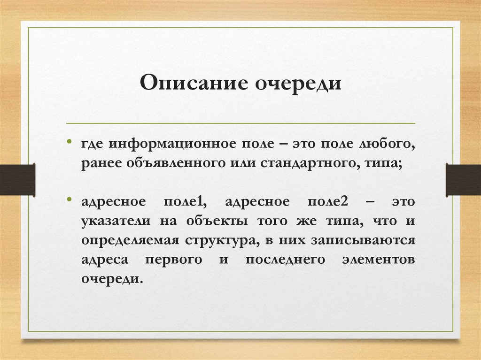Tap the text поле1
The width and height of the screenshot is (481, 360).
click(x=183, y=201)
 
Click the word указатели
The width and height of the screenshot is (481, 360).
click(x=113, y=221)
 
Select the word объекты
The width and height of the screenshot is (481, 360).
click(x=211, y=221)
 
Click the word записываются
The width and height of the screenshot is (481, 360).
click(x=363, y=240)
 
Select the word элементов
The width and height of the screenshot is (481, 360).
click(x=380, y=260)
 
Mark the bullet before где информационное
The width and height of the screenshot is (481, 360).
click(x=70, y=142)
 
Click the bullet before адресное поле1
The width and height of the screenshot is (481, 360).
click(x=70, y=199)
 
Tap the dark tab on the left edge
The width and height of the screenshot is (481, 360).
click(x=17, y=179)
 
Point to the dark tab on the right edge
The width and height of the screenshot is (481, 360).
click(x=463, y=179)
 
